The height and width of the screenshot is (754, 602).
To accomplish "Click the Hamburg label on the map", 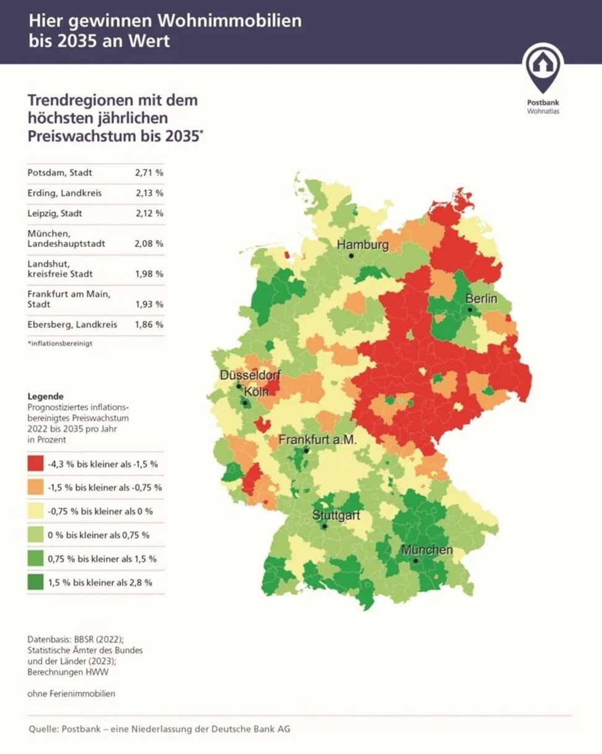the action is point(363,245).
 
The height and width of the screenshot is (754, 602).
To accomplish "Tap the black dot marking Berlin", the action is point(470,310).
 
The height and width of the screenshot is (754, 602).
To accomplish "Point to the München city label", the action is point(427,550).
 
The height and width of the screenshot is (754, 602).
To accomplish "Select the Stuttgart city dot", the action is point(324,526).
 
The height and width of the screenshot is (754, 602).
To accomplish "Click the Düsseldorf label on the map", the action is point(250,375).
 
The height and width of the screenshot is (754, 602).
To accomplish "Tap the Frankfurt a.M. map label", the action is point(318,440).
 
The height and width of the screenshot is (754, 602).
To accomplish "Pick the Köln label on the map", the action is point(256,392).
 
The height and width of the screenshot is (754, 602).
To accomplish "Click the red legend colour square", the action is point(35,464).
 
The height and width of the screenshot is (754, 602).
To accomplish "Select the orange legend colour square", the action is point(35,487).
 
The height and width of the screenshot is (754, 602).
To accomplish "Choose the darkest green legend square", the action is point(35,582).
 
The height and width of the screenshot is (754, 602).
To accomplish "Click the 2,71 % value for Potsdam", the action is point(149,173).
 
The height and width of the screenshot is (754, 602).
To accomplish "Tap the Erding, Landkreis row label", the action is point(64,193).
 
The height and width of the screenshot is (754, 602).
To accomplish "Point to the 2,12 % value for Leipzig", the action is point(150,214).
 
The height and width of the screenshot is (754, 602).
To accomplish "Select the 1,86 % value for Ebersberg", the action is point(149,324).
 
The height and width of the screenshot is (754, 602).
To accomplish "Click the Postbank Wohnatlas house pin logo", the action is point(543,69).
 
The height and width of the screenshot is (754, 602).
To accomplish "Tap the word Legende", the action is point(46,396).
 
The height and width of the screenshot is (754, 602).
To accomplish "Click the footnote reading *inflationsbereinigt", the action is point(60,343).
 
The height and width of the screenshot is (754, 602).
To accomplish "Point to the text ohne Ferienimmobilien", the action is point(71,693).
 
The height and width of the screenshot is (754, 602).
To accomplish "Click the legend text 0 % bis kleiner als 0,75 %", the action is point(98,535).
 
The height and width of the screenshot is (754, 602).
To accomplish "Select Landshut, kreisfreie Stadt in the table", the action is point(60,269).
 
